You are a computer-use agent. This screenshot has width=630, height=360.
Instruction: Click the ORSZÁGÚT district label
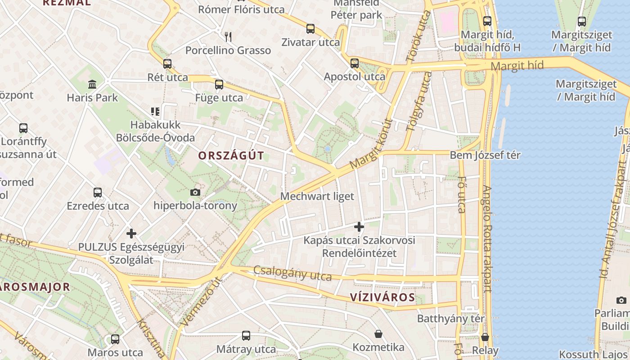(231, 156)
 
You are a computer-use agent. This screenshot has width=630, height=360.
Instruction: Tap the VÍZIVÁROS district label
(382, 297)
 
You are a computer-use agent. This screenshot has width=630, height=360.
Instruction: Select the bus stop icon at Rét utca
(167, 64)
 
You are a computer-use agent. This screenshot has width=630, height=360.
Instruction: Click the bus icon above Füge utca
(219, 84)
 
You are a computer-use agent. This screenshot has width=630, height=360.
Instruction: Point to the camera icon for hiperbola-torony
(195, 193)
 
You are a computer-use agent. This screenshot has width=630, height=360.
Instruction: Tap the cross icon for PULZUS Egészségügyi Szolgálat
(131, 234)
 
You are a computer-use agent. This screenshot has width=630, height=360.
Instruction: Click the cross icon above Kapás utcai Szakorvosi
(359, 227)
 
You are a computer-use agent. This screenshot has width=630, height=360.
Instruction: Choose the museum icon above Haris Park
(92, 84)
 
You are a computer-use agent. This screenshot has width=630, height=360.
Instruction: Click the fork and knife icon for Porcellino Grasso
(228, 37)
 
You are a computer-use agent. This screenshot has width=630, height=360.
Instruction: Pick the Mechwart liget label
(317, 196)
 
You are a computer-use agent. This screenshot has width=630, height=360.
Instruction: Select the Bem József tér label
(485, 155)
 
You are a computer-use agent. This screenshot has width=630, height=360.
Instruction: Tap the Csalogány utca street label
(292, 273)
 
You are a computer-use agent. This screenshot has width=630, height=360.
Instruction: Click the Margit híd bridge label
(517, 66)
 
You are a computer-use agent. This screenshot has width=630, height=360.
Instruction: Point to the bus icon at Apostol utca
(355, 63)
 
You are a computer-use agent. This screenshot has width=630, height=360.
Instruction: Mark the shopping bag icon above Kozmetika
(378, 334)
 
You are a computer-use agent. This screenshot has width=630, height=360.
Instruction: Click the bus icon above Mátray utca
(246, 336)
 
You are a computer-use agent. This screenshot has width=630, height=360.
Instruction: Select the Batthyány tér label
(451, 319)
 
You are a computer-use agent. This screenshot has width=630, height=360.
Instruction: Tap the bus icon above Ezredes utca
(98, 193)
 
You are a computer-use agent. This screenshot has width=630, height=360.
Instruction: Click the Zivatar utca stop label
(310, 42)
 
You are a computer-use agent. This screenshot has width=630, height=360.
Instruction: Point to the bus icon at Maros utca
(115, 339)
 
